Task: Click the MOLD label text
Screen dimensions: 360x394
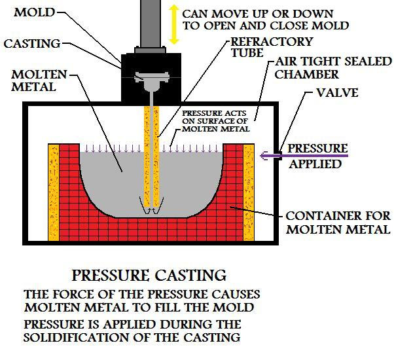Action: click(34, 12)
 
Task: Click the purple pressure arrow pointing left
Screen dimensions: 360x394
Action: click(308, 155)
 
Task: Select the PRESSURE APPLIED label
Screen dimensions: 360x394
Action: click(317, 156)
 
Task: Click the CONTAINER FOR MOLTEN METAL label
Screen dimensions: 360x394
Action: click(338, 222)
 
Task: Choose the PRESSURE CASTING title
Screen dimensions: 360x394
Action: click(149, 274)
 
